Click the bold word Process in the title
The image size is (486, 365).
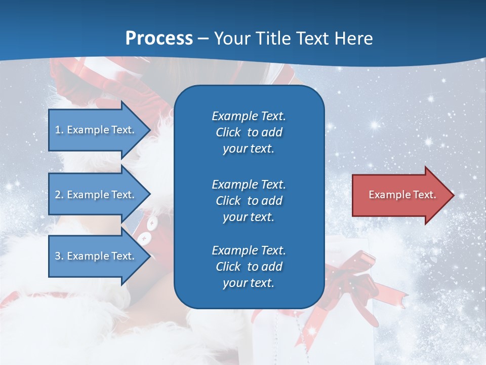tap(159, 39)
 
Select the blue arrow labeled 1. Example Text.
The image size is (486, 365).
tap(96, 130)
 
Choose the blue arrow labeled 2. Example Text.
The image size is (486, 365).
tap(96, 195)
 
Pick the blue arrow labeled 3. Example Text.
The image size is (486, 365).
tap(96, 256)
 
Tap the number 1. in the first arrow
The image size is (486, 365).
tap(59, 130)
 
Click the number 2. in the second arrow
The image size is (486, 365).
tap(59, 195)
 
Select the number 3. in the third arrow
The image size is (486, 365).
tap(59, 256)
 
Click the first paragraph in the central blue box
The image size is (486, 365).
tap(249, 132)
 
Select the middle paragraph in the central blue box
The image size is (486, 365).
tap(249, 200)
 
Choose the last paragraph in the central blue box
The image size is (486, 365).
tap(249, 267)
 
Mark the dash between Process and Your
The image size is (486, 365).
tap(204, 39)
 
